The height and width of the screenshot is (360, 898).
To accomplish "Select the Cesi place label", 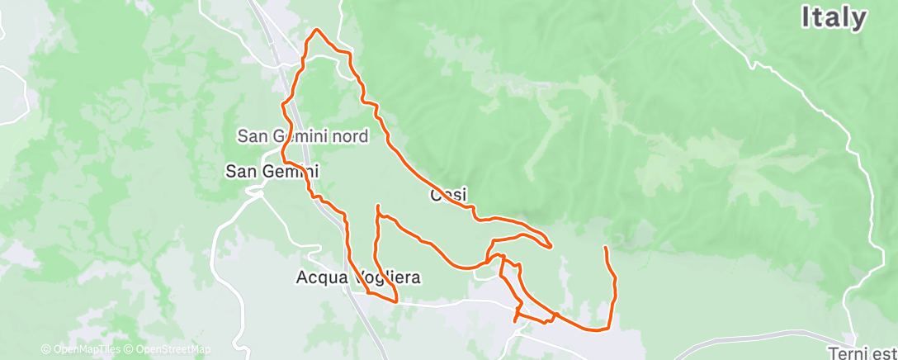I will [449, 196].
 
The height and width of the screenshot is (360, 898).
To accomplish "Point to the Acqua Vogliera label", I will [358, 278].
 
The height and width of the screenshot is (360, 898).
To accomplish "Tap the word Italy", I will [834, 18].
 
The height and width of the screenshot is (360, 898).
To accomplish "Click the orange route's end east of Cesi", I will [606, 248].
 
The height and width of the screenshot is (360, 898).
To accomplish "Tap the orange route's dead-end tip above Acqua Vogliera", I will [377, 206].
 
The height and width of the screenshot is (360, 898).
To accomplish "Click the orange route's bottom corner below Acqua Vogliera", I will [397, 301].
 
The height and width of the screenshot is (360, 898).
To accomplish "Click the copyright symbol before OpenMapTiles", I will [45, 349].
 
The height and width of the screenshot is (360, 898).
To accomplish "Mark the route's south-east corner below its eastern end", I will [608, 328].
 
